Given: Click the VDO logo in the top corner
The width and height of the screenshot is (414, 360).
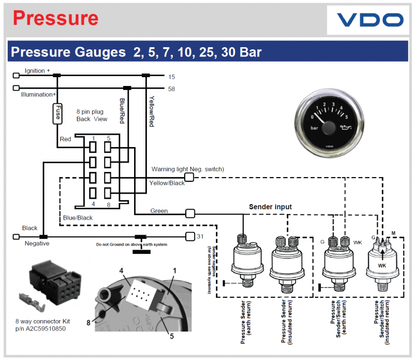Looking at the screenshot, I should click(x=370, y=20).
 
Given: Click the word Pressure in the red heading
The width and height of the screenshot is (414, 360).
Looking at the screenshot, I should click(x=55, y=18).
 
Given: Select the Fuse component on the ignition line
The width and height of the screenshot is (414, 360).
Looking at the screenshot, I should click(x=57, y=113).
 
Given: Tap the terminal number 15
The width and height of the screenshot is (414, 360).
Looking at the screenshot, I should click(x=172, y=77).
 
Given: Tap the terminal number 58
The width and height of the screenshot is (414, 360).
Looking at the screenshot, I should click(x=172, y=89).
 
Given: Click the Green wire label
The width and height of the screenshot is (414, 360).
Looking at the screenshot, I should click(x=159, y=211).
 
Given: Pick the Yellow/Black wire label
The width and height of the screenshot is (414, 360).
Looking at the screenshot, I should click(x=167, y=183).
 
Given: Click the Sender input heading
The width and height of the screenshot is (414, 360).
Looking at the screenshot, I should click(x=270, y=207).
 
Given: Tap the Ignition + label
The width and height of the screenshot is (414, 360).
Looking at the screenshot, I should click(x=37, y=70).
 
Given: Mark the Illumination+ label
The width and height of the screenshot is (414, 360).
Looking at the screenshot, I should click(x=38, y=95).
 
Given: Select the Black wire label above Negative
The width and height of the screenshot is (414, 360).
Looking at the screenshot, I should click(x=29, y=228).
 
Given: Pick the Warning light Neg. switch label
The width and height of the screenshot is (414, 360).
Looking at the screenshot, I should click(x=187, y=169).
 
